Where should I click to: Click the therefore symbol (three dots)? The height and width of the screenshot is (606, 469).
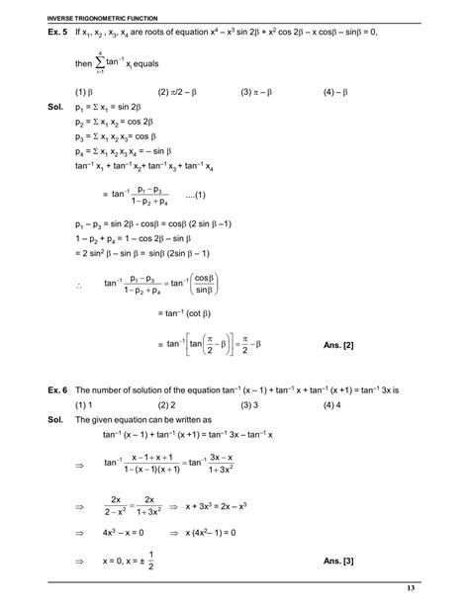point(79,287)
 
